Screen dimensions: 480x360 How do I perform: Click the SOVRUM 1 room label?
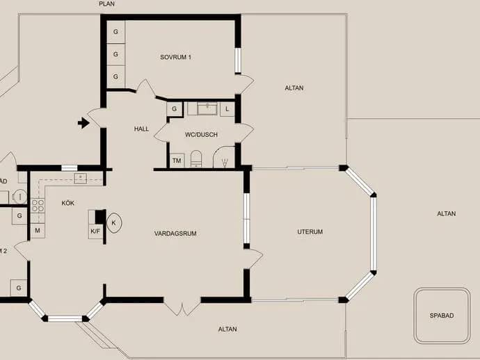176,57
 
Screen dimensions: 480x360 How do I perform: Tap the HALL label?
141,129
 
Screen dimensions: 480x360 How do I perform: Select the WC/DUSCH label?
202,135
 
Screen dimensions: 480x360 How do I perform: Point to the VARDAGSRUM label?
175,234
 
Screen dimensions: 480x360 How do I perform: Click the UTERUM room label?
310,232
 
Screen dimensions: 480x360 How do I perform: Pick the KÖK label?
68,203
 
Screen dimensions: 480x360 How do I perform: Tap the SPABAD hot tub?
442,316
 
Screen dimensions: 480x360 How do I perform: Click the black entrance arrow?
83,123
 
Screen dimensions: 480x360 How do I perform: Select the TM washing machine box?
177,161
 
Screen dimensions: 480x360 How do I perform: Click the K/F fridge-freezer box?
95,231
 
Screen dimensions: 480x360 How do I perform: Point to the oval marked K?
114,223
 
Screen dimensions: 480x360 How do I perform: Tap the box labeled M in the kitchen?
38,230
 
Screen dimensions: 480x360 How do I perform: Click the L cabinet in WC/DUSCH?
227,109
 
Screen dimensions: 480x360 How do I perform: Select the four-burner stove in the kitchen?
38,206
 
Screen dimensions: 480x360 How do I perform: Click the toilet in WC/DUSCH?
196,158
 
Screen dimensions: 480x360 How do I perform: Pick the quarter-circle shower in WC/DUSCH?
224,157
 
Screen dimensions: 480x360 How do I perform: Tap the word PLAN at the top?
107,4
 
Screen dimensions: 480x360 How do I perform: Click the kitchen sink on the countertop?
81,179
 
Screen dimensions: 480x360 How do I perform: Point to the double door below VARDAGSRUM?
182,306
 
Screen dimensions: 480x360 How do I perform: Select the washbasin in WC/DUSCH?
207,108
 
